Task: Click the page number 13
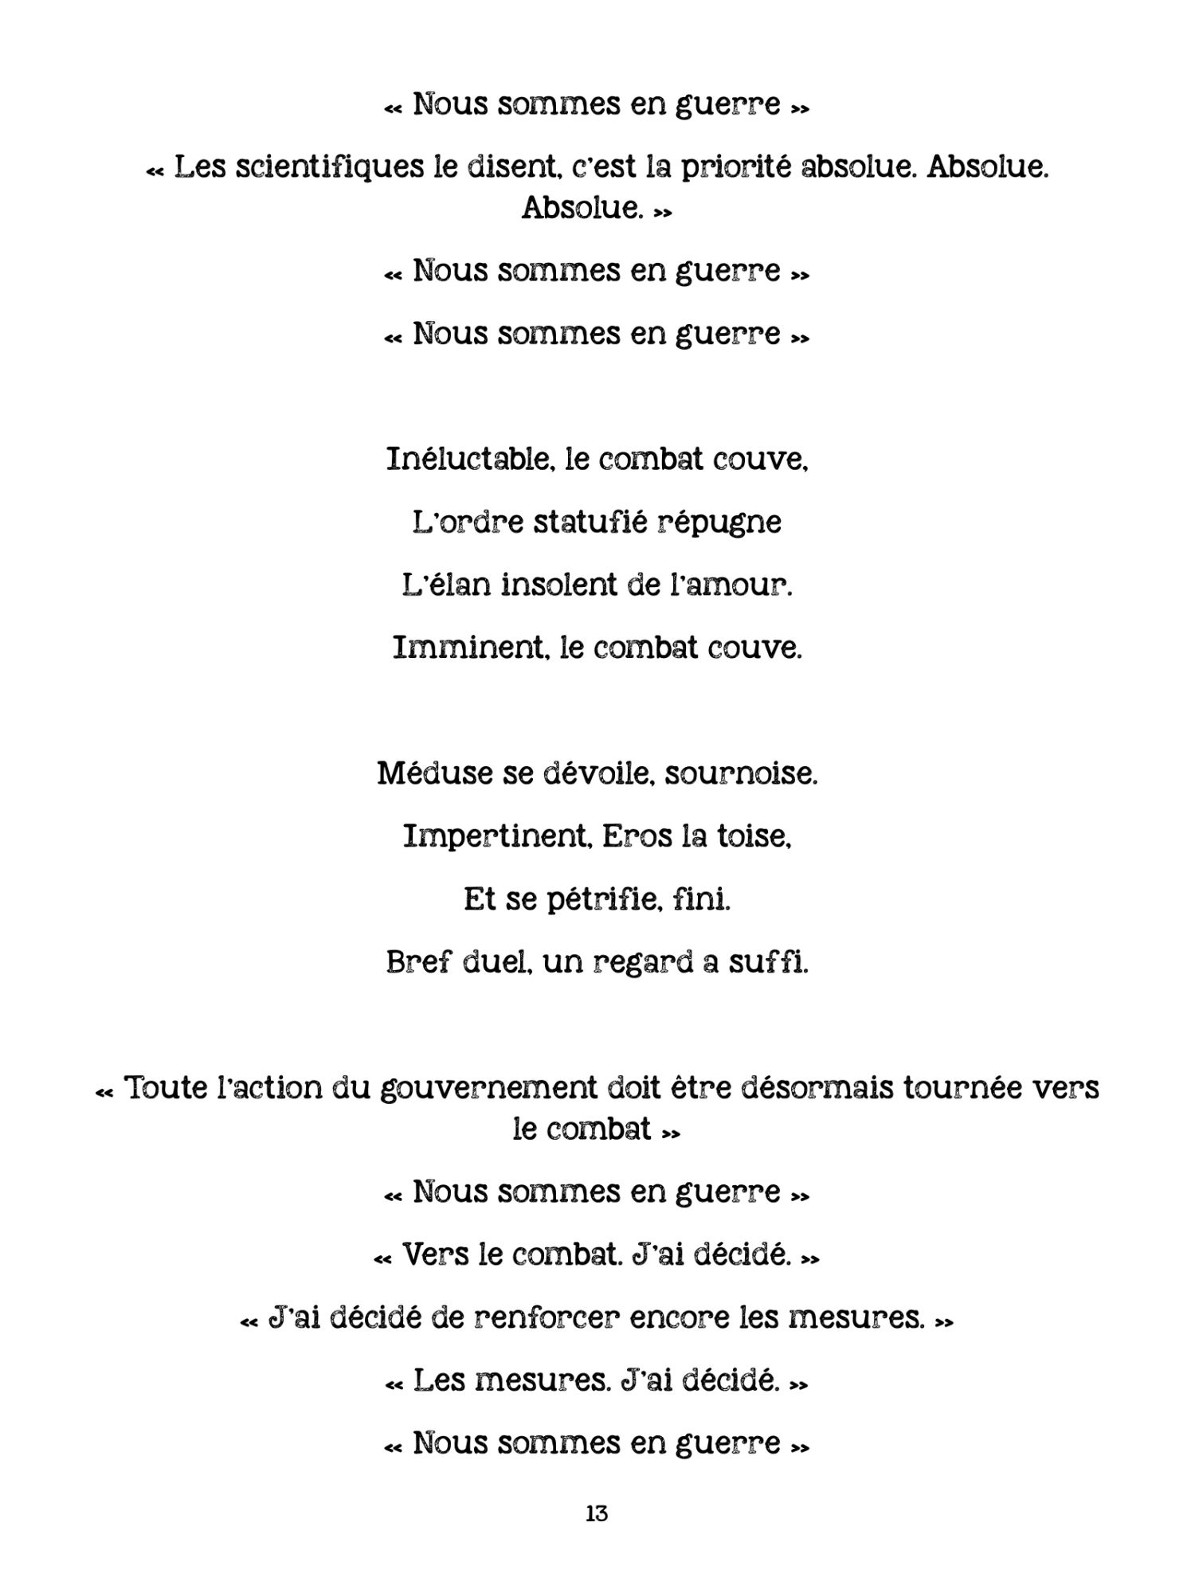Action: [597, 1513]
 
